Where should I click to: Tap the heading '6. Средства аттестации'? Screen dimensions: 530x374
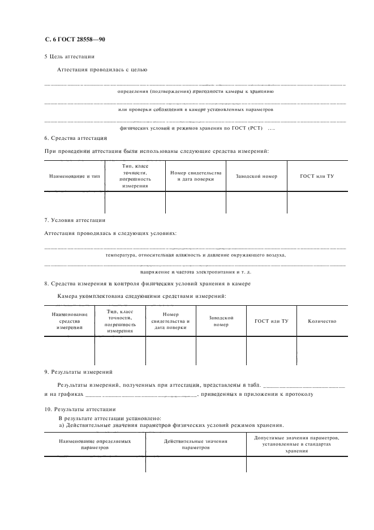pos(75,138)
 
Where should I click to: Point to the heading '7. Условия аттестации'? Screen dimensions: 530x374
pos(74,220)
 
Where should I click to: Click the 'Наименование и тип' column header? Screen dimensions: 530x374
pos(74,176)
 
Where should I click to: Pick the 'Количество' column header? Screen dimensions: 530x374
pos(322,321)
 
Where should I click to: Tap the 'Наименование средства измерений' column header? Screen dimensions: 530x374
pos(69,321)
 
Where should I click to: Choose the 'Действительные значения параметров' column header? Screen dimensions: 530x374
pos(196,444)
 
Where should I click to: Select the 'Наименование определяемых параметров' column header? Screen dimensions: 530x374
pos(94,444)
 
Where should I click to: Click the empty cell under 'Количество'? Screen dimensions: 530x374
pos(322,351)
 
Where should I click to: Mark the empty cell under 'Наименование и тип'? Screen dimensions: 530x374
pos(74,204)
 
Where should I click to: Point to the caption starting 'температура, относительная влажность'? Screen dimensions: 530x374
pos(195,255)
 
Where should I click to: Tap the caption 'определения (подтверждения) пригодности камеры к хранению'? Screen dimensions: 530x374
pos(195,91)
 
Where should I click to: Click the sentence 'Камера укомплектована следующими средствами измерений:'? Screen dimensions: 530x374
pos(141,296)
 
